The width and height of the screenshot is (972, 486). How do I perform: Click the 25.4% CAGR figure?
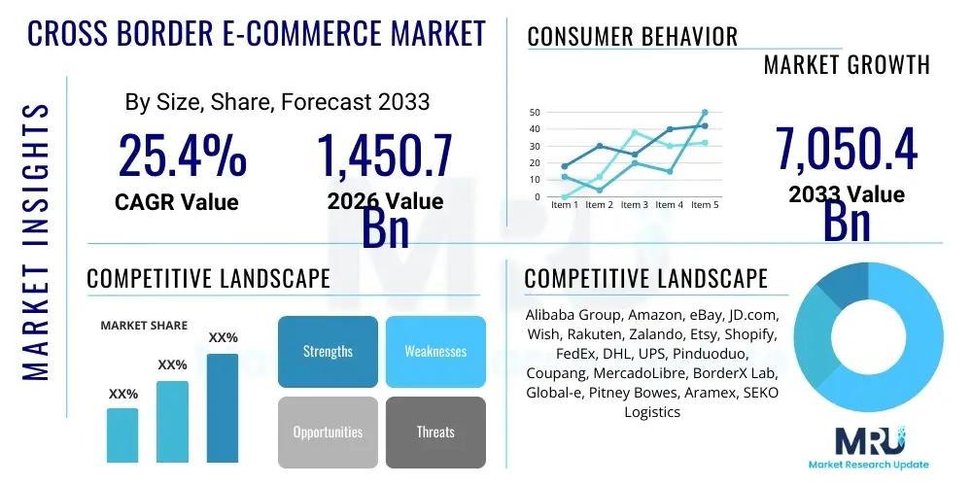coord(182,156)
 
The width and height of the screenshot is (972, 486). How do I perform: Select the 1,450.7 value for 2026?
coord(385,156)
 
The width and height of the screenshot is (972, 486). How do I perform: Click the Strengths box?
coord(328,351)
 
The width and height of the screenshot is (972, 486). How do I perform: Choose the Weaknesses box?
coord(434,351)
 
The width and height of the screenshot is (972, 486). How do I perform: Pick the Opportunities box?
coord(328,432)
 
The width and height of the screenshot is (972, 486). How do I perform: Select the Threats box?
coord(434,432)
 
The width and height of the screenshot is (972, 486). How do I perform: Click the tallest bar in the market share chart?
coord(223,407)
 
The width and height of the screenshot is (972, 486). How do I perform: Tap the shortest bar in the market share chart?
coord(122,434)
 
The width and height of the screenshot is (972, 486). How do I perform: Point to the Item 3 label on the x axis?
coord(634,205)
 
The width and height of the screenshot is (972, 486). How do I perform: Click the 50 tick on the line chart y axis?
coord(535,113)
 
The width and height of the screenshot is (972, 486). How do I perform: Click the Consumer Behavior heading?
coord(632,37)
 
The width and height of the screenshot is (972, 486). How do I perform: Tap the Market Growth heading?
coord(847,65)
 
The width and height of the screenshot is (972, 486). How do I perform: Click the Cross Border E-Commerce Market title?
coord(256,34)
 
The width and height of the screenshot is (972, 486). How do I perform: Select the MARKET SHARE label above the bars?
coord(144,326)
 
